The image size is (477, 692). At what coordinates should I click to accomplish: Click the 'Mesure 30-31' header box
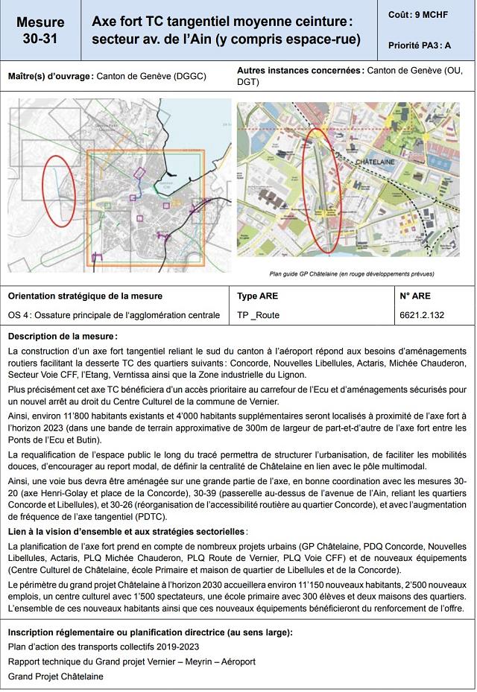[40, 31]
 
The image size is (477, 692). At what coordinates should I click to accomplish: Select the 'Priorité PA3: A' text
[420, 45]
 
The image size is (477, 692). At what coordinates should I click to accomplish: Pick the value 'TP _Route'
[258, 315]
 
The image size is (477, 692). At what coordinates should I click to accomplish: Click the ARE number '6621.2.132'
[422, 315]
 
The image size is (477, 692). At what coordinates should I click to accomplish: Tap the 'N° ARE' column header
[415, 296]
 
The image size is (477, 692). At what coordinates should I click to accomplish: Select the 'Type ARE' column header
[257, 296]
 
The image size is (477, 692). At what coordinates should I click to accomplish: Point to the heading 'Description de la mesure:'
[63, 336]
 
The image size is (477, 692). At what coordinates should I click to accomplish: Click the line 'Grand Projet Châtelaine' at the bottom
[56, 676]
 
